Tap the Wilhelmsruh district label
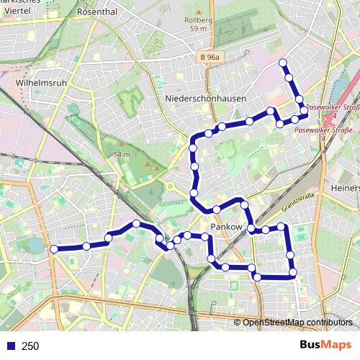tap(41, 83)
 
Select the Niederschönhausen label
tap(205, 99)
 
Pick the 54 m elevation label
tap(121, 154)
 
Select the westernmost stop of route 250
tap(53, 249)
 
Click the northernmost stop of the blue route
tap(283, 62)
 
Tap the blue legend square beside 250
tap(10, 346)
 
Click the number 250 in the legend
tap(30, 346)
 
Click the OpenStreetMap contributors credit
tap(297, 323)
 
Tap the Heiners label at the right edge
tap(344, 188)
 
